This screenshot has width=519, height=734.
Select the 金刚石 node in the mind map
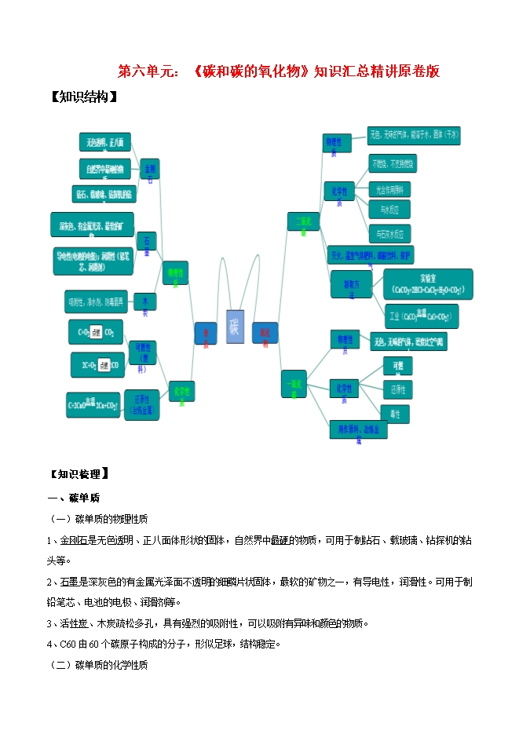point(148,171)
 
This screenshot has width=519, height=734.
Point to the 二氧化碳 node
point(302,223)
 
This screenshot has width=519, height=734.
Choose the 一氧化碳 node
point(294,385)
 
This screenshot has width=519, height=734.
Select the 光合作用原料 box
point(389,189)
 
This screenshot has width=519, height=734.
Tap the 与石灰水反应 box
point(389,233)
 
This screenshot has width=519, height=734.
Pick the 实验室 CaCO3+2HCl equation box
point(428,284)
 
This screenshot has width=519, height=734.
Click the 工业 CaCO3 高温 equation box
point(421,316)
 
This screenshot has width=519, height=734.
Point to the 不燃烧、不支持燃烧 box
point(393,164)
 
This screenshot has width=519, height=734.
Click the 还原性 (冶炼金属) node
point(142,402)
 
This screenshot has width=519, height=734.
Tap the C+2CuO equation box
point(93,404)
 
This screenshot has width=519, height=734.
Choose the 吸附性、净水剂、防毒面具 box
point(97,301)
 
